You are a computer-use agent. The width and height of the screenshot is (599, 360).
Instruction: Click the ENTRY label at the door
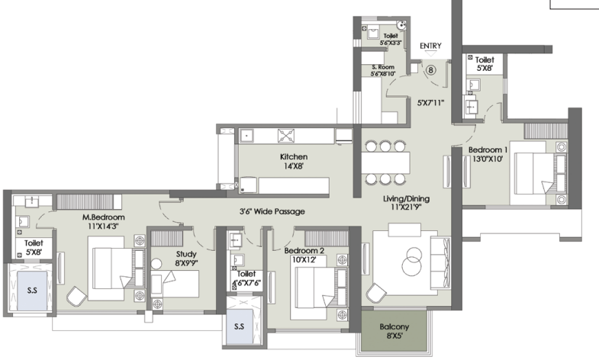pyautogui.click(x=430, y=46)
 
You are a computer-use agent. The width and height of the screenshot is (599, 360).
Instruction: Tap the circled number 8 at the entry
pyautogui.click(x=431, y=70)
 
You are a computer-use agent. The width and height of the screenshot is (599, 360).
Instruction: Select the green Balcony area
pyautogui.click(x=394, y=330)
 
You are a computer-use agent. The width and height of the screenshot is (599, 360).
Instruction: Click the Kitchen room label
pyautogui.click(x=293, y=157)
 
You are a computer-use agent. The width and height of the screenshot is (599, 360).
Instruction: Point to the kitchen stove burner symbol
pyautogui.click(x=286, y=136)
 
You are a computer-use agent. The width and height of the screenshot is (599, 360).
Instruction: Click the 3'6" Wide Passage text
pyautogui.click(x=272, y=211)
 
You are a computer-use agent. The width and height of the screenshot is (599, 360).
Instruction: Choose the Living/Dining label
pyautogui.click(x=406, y=199)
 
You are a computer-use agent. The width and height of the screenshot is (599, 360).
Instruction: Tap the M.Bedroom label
pyautogui.click(x=104, y=217)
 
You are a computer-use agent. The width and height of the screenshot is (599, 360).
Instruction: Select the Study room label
pyautogui.click(x=186, y=254)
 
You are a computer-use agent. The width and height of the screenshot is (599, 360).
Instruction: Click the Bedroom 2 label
pyautogui.click(x=304, y=251)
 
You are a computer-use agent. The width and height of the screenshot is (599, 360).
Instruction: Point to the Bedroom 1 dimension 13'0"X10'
pyautogui.click(x=488, y=159)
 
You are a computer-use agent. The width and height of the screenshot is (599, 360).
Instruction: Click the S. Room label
pyautogui.click(x=383, y=67)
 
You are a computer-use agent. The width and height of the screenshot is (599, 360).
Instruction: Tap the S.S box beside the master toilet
pyautogui.click(x=32, y=291)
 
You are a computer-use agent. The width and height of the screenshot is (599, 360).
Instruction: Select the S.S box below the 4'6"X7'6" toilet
pyautogui.click(x=239, y=326)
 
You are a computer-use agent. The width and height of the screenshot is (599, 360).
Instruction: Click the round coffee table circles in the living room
pyautogui.click(x=411, y=261)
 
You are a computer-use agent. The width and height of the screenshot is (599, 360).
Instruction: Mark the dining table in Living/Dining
pyautogui.click(x=385, y=162)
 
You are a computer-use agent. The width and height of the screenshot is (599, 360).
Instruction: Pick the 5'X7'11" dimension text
pyautogui.click(x=430, y=103)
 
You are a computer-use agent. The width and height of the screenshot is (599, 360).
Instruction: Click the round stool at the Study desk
pyautogui.click(x=156, y=264)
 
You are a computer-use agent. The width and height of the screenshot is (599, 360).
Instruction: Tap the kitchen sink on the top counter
pyautogui.click(x=246, y=136)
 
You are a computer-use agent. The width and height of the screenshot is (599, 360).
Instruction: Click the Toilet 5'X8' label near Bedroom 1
pyautogui.click(x=485, y=64)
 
